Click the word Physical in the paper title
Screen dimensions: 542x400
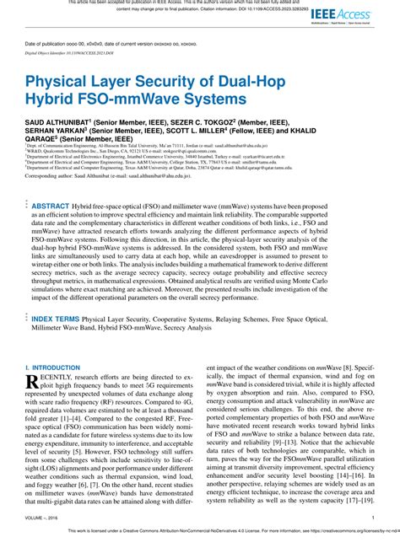pyautogui.click(x=62, y=84)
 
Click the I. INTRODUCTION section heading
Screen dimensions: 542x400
pyautogui.click(x=52, y=368)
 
